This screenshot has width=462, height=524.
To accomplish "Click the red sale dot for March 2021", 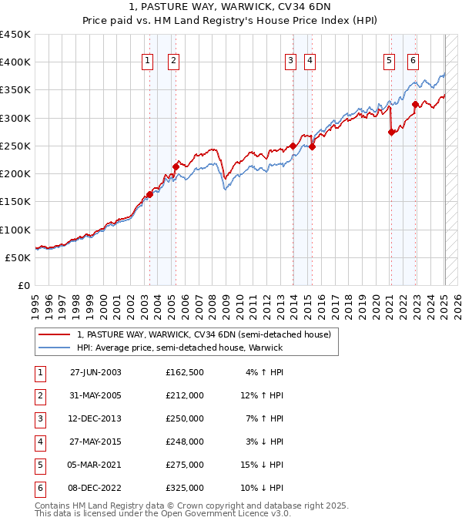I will tap(391, 132).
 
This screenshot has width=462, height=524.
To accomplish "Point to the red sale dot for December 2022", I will tap(416, 104).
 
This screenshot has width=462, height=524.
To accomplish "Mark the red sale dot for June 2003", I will tap(150, 194).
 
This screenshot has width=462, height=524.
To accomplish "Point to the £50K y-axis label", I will tap(18, 257).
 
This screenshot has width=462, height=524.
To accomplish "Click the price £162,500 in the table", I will tap(185, 372).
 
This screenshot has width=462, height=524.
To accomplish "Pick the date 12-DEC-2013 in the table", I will tap(95, 418).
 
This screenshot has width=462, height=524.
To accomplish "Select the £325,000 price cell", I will tap(185, 488).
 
